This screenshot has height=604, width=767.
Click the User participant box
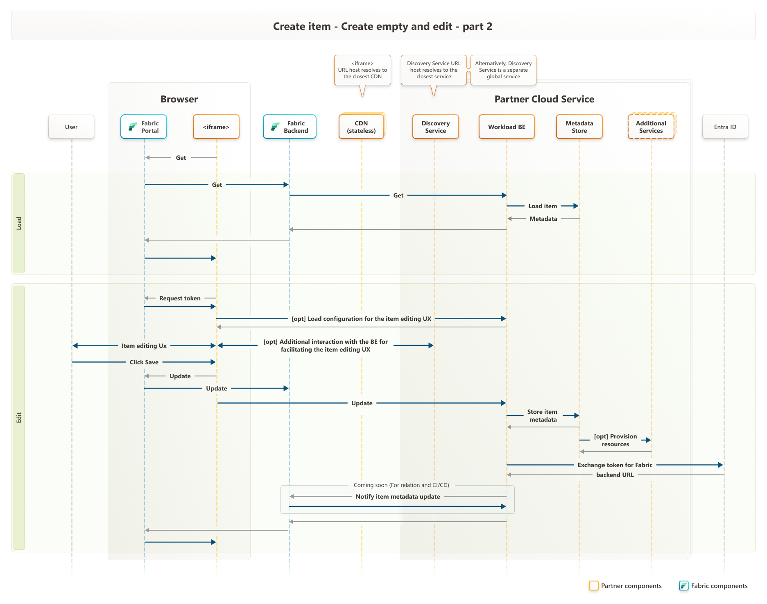(71, 127)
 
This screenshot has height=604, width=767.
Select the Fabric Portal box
(144, 127)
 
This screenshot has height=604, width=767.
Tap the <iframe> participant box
(216, 127)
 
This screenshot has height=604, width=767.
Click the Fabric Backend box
(290, 127)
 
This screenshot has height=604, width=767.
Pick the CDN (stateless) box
(361, 127)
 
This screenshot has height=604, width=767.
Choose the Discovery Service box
(435, 127)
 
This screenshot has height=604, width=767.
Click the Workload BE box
(507, 127)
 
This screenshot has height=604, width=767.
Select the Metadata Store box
(579, 127)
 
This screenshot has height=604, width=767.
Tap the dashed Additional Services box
(651, 127)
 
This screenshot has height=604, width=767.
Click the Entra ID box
(725, 127)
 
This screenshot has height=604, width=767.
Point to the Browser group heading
(179, 99)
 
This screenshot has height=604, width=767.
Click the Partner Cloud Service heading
(544, 99)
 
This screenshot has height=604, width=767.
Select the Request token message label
(180, 298)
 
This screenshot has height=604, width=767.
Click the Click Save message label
(144, 362)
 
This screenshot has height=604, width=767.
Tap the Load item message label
(543, 206)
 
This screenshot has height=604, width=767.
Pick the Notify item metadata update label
(398, 497)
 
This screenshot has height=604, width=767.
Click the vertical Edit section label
(19, 418)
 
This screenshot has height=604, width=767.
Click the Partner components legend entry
(625, 586)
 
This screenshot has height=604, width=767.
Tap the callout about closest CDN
(362, 70)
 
